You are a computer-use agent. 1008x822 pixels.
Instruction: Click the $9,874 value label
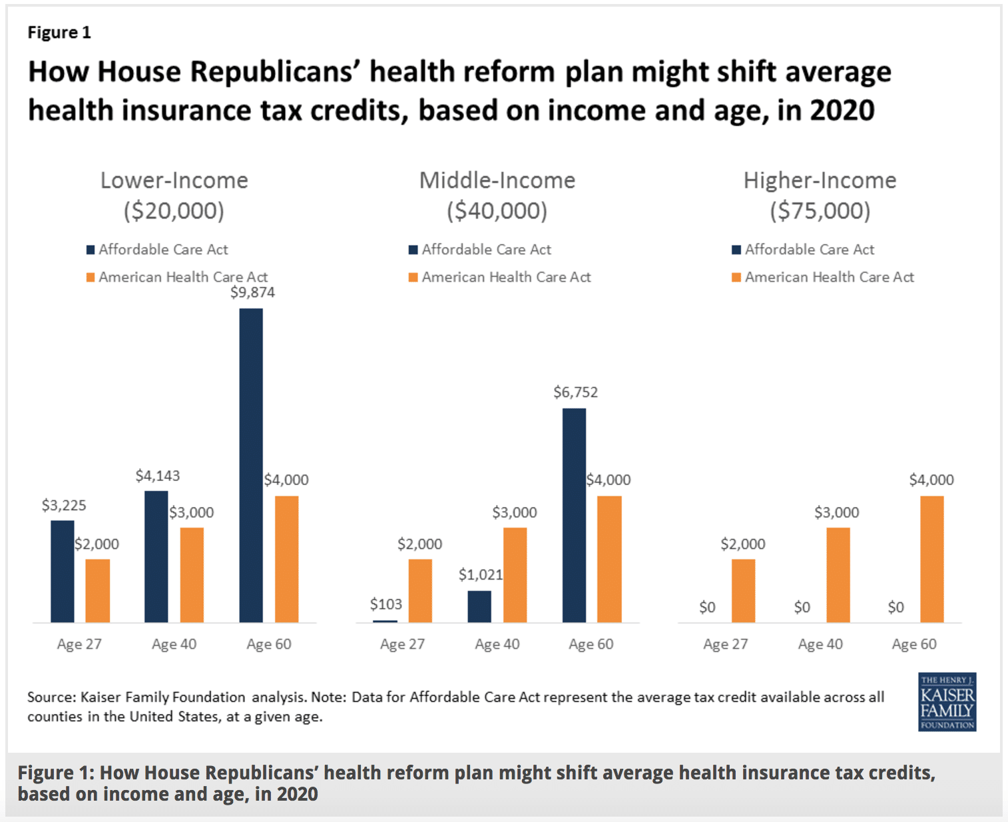pos(252,292)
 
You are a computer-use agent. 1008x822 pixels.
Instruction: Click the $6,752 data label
pos(575,392)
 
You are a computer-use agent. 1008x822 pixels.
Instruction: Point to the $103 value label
pos(386,604)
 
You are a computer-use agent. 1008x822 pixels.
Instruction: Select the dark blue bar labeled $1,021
pos(479,606)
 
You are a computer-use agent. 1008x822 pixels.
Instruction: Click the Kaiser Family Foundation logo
pos(947,701)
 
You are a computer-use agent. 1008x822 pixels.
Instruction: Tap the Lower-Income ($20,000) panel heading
pos(174,195)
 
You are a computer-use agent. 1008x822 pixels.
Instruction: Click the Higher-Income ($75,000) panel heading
pos(820,195)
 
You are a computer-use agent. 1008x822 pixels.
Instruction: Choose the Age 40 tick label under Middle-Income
pos(497,644)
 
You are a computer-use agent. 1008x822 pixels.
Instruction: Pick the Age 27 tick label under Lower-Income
pos(79,644)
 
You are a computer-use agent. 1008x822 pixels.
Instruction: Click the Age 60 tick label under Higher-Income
pos(914,644)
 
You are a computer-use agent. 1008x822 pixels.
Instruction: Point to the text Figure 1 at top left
pos(59,33)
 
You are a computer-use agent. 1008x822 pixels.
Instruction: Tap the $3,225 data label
pos(64,506)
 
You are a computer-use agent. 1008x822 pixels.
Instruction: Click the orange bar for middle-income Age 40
pos(515,575)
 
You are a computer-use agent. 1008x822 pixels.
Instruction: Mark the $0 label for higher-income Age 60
pos(896,608)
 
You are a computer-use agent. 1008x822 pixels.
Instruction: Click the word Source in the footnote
pos(50,697)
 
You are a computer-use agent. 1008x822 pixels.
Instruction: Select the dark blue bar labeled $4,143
pos(156,556)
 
